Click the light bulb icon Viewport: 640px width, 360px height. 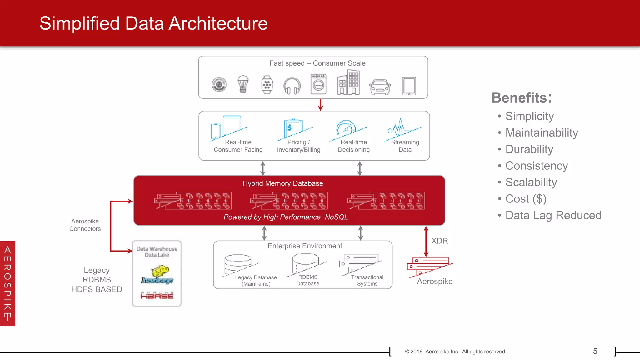tap(243, 84)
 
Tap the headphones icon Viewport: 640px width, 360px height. tap(292, 86)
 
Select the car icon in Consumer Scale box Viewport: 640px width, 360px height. tap(380, 87)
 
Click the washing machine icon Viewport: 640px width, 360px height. tap(318, 84)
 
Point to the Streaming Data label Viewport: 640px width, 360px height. tap(405, 146)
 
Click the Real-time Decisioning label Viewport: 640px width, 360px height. tap(354, 146)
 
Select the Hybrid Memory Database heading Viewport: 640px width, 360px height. tap(283, 183)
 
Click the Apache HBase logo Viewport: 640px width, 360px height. tap(157, 295)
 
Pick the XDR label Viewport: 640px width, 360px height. tap(440, 241)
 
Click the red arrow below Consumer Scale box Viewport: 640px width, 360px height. tap(320, 105)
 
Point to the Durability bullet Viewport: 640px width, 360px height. tap(529, 149)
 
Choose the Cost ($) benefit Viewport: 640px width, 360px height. tap(526, 199)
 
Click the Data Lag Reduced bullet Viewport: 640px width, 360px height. tap(553, 216)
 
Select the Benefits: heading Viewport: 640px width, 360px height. tap(522, 98)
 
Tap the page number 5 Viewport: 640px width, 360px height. tap(595, 352)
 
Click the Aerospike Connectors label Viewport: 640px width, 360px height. tap(85, 225)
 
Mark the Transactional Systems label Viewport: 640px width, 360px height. tap(367, 281)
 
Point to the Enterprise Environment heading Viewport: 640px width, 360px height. tap(305, 246)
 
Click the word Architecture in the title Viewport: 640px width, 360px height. tap(218, 24)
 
